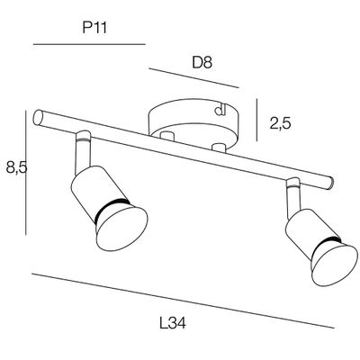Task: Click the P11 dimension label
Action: coord(94,29)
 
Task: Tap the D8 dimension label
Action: coord(202,63)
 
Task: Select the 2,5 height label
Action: coord(281,123)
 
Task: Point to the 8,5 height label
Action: coord(17,168)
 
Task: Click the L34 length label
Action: coord(173,323)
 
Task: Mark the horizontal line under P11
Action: coord(89,44)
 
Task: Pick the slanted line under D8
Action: coord(193,78)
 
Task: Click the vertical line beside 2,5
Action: coord(256,120)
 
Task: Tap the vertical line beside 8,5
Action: coord(26,173)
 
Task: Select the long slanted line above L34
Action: coord(183,301)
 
